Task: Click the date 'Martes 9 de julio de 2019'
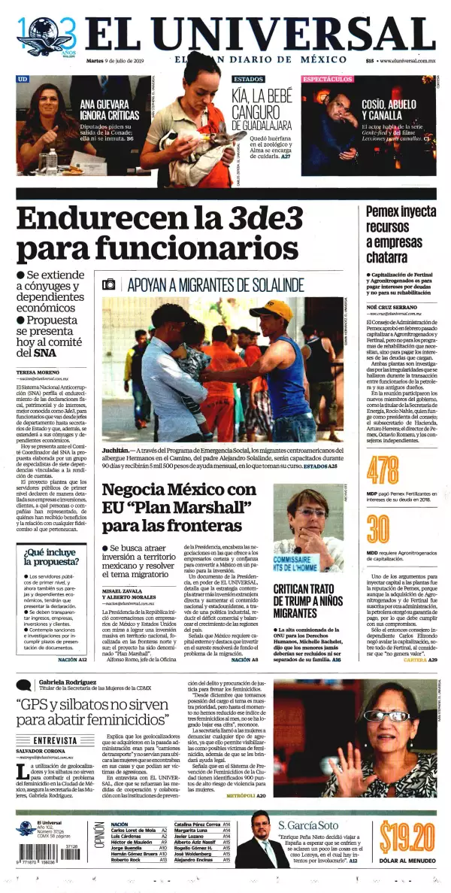[120, 61]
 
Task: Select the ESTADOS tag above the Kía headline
[247, 78]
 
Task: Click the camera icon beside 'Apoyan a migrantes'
[110, 284]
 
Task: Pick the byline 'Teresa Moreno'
[37, 372]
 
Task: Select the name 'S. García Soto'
[308, 824]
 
